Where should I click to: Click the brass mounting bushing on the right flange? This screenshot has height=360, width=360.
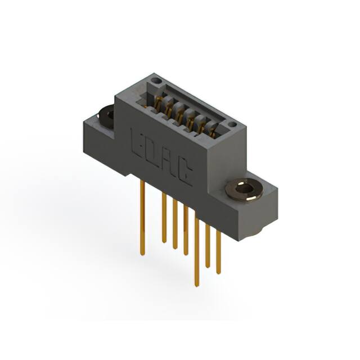tap(244, 190)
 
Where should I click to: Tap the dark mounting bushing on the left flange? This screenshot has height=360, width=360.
tap(106, 115)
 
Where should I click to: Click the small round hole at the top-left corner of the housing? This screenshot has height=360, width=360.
tap(156, 80)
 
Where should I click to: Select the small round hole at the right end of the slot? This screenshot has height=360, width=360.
tap(232, 125)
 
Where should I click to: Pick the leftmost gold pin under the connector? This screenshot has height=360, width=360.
tap(142, 218)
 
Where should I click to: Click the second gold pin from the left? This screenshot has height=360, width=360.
tap(164, 218)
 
